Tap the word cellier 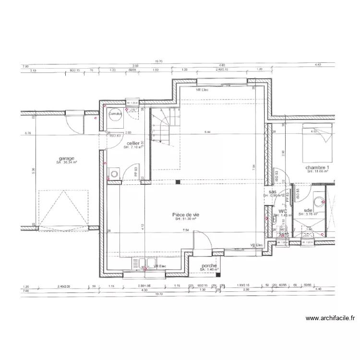tap(133, 143)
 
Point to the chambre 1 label tap(318, 167)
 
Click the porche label tap(209, 266)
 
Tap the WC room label tap(283, 211)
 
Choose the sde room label tap(308, 210)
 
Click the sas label tap(272, 191)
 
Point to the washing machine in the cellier tap(114, 173)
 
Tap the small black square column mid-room tap(178, 182)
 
